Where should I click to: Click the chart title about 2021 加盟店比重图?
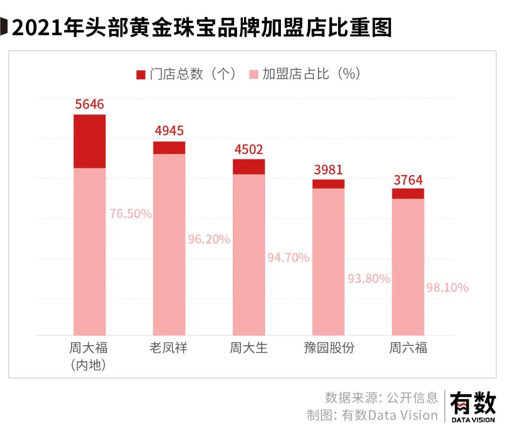point(201,28)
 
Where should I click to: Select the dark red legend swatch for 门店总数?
point(141,75)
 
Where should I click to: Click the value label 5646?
point(89,104)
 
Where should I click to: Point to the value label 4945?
point(169,131)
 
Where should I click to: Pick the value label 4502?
point(249,149)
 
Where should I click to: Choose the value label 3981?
point(328,169)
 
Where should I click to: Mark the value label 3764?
point(408,180)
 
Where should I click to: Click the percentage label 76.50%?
point(131,214)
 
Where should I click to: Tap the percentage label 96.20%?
point(209,239)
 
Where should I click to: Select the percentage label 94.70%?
point(289,257)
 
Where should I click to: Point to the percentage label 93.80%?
point(369,279)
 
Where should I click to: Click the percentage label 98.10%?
point(447,288)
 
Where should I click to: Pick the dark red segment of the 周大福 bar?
point(90,141)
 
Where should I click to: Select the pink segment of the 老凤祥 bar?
point(169,243)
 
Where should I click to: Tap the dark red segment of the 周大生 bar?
point(249,167)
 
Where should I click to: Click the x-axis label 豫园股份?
point(329,348)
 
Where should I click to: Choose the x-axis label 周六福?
point(408,348)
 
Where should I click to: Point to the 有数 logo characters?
point(473,403)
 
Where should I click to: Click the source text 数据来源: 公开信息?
point(382,397)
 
